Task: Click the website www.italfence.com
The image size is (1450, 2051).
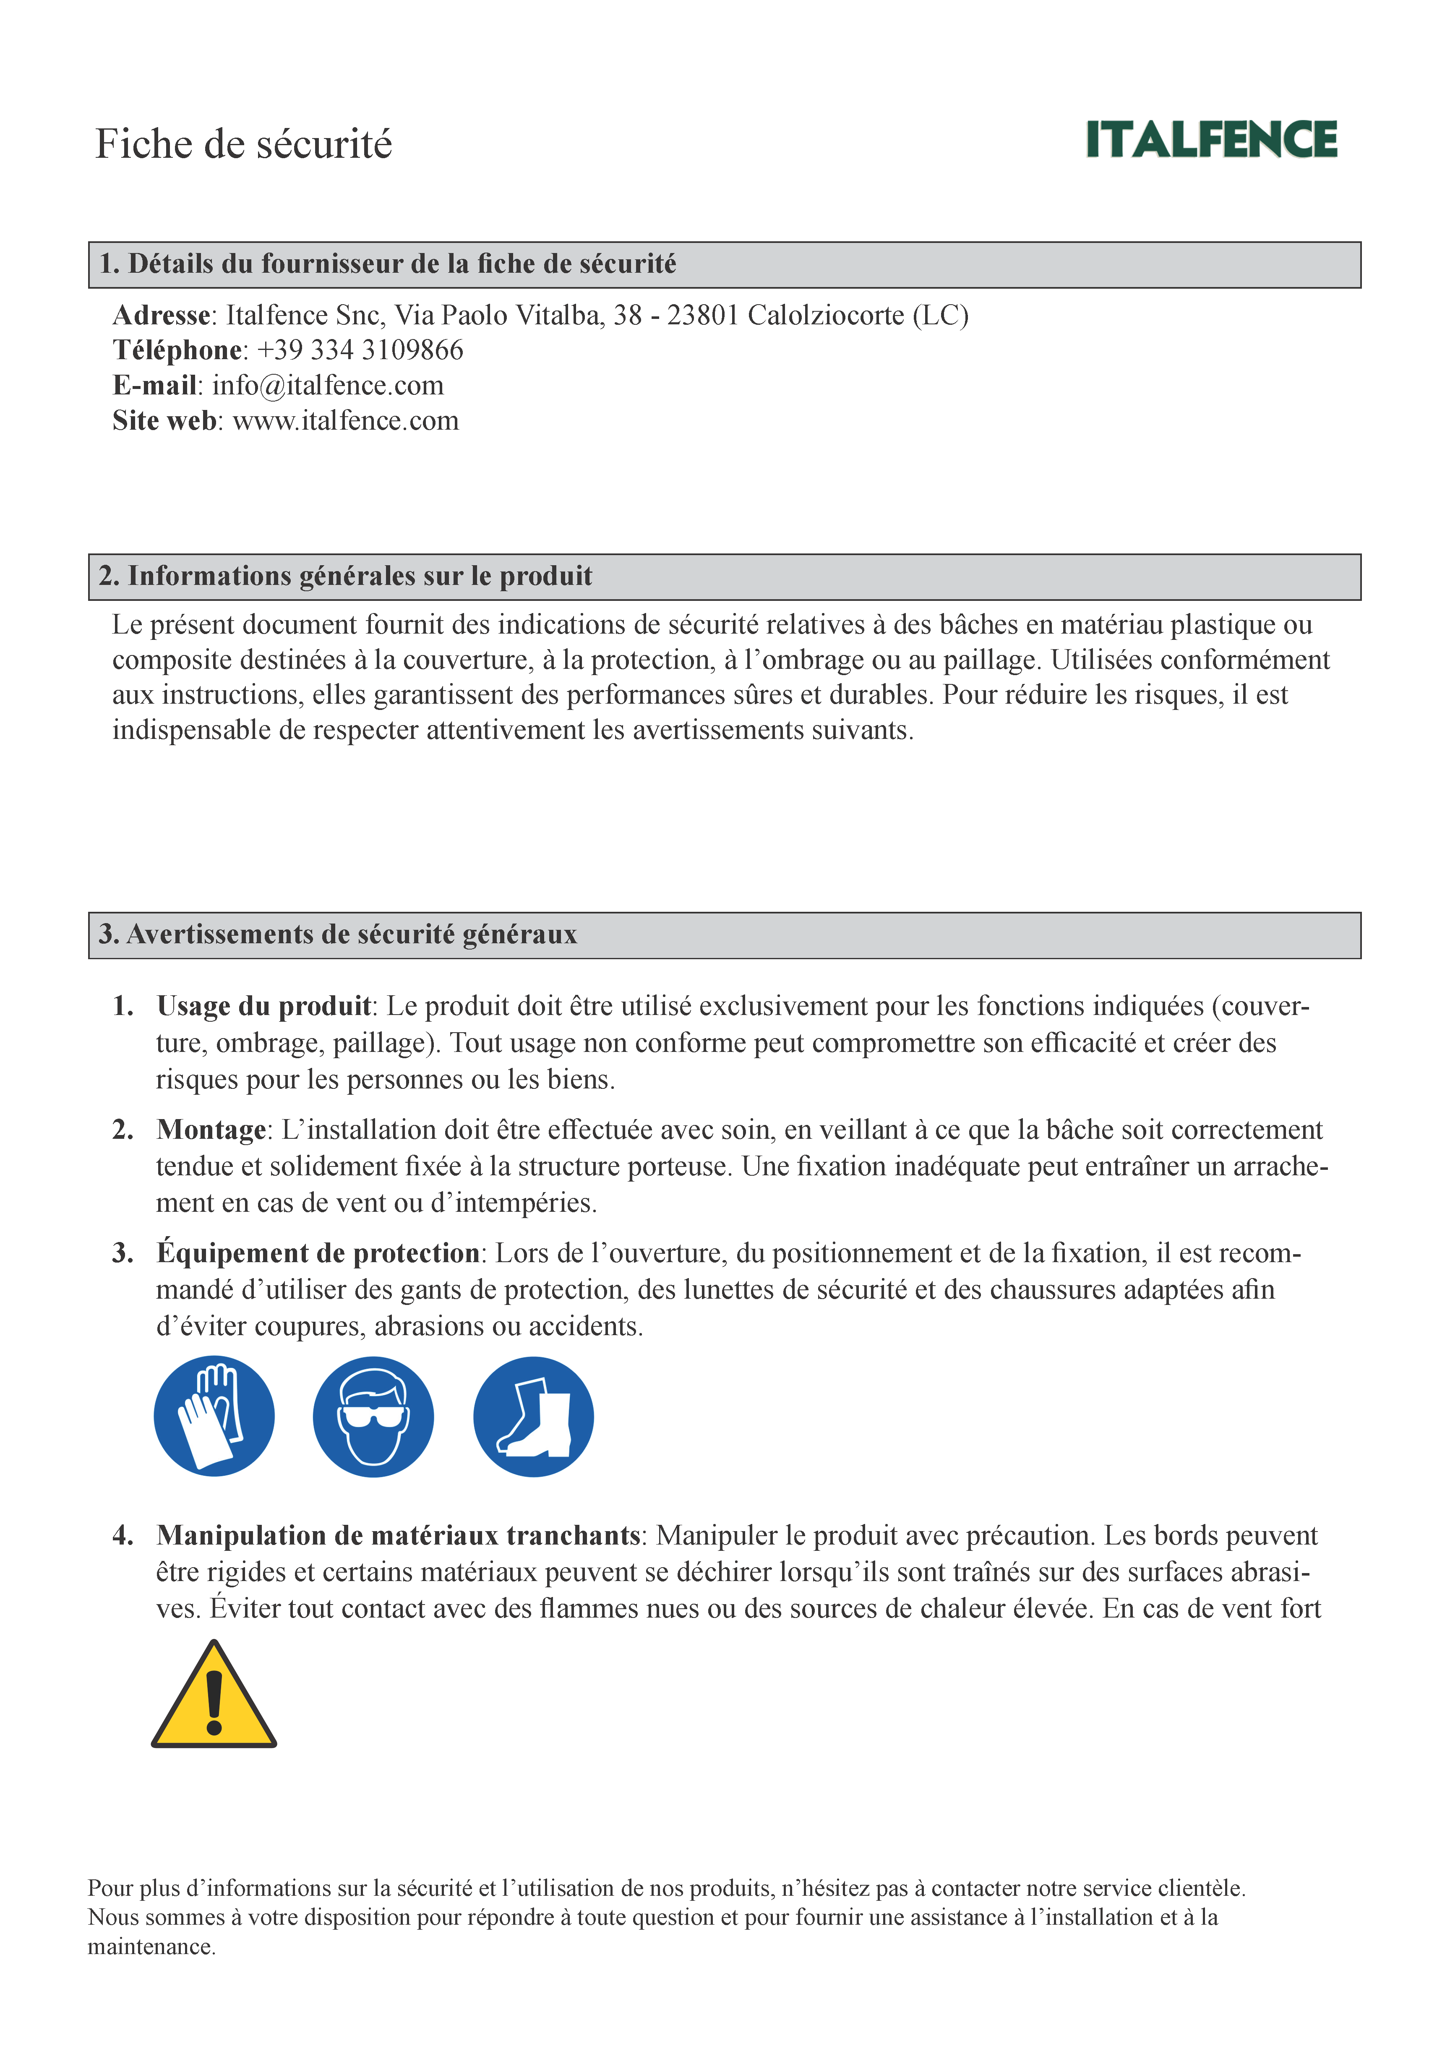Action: pos(346,421)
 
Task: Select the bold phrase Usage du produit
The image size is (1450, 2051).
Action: pos(263,1007)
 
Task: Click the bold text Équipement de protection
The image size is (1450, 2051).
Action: pos(318,1253)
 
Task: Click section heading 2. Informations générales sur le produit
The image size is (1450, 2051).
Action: pos(346,576)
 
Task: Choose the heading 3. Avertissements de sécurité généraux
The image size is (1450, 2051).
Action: pos(338,934)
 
